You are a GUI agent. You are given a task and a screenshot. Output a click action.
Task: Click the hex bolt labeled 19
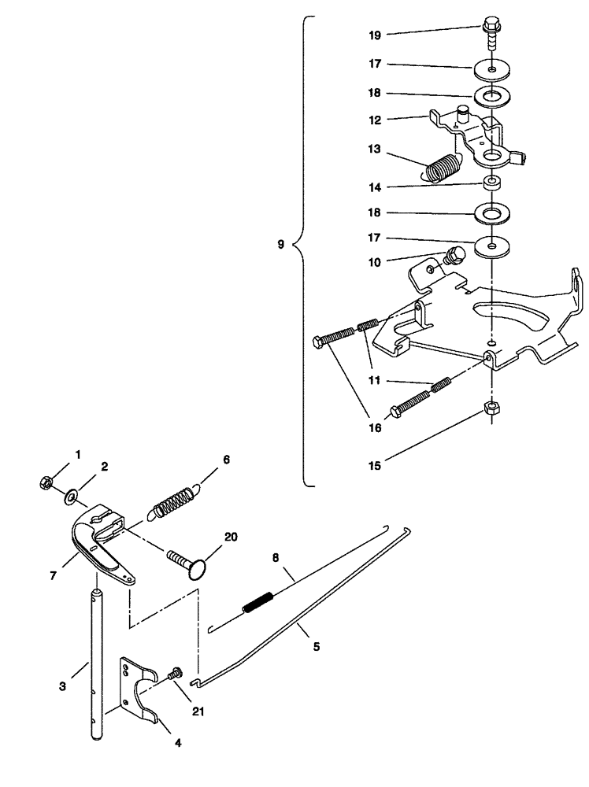tap(490, 33)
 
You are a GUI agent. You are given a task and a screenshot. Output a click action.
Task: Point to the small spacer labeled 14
tap(492, 183)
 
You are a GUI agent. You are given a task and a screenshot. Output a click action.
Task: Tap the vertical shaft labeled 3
tap(96, 661)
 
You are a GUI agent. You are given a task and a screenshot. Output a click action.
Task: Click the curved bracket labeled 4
tap(140, 693)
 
